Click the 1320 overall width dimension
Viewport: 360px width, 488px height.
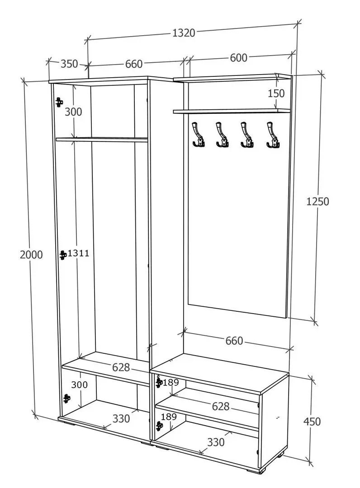tap(184, 33)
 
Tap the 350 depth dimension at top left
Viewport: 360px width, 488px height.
tap(69, 64)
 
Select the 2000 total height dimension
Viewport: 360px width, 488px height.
tap(31, 254)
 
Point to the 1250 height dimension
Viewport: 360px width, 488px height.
tap(317, 202)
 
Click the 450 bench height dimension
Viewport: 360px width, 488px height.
tap(312, 422)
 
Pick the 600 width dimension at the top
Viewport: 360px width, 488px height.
tap(238, 58)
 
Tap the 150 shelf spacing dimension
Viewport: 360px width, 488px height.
tap(276, 93)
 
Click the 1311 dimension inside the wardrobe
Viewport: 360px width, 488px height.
tap(79, 253)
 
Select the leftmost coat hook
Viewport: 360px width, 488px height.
tap(198, 134)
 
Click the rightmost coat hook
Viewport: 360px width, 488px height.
tap(273, 135)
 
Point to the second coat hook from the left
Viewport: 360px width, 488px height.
tap(222, 135)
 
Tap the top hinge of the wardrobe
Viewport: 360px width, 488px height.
tap(59, 102)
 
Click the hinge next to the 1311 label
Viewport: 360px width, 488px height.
tap(63, 255)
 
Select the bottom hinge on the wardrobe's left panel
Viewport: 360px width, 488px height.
tap(66, 399)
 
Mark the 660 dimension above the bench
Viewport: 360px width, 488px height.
tap(234, 341)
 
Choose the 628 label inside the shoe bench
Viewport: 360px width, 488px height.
tap(221, 406)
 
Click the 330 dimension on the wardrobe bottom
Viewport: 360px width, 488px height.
tap(121, 418)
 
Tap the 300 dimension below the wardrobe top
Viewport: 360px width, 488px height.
tap(73, 112)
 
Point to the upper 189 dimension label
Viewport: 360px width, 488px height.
tap(171, 382)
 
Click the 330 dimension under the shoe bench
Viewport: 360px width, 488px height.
tap(216, 442)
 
